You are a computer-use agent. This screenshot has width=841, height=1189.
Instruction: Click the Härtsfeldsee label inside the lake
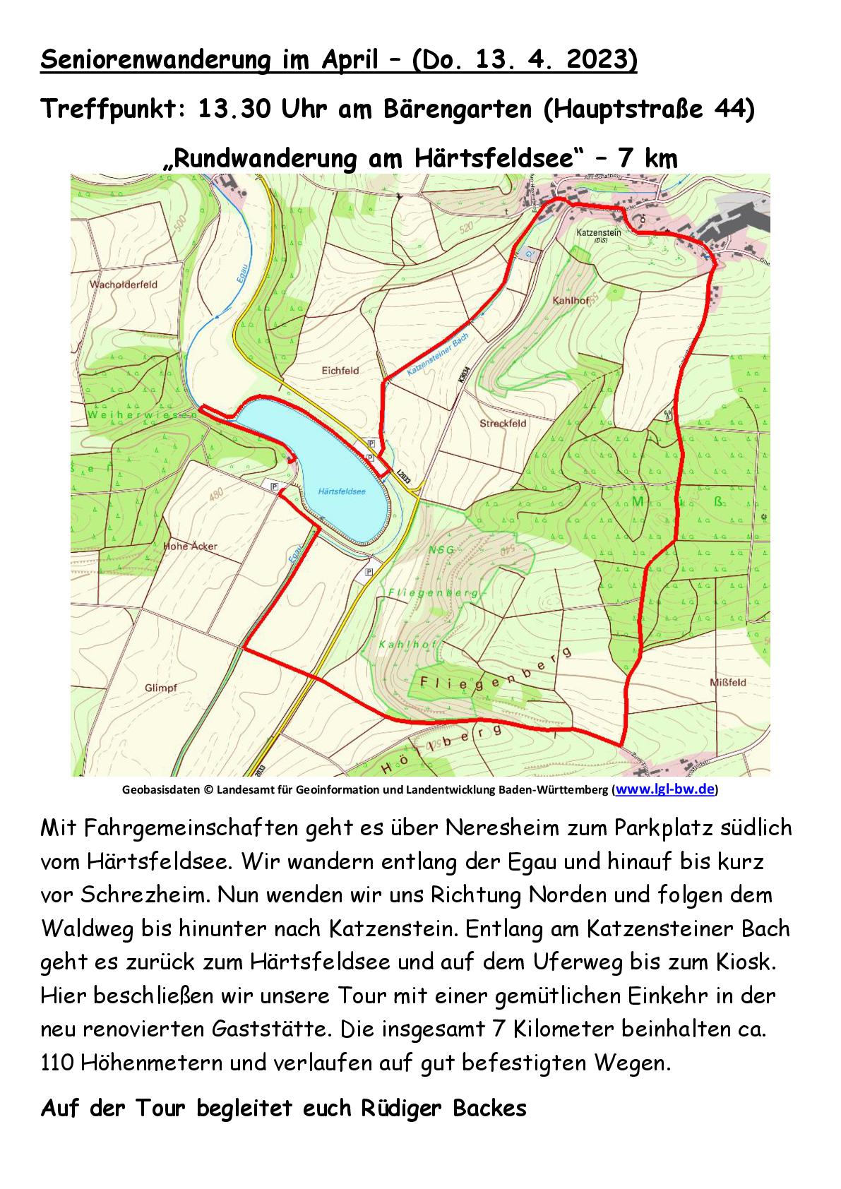(342, 491)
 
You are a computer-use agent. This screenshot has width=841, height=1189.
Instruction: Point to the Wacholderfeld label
(124, 285)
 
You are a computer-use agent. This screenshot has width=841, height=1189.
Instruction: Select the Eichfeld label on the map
(340, 370)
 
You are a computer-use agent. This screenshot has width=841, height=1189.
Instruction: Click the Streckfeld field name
(503, 424)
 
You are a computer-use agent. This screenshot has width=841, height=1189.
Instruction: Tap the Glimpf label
(160, 688)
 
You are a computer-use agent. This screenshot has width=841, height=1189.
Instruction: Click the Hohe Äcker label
(191, 546)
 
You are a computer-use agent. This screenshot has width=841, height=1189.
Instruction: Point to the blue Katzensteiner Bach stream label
(438, 357)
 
